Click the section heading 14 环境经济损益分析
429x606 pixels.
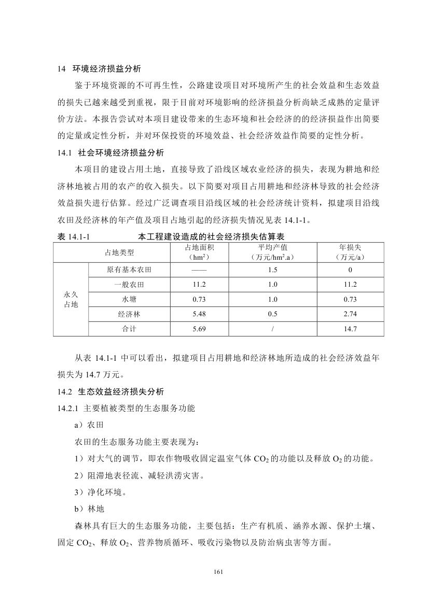point(99,68)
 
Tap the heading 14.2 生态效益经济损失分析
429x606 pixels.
point(110,391)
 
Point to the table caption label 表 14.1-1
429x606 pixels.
point(75,236)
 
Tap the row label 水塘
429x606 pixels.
point(130,299)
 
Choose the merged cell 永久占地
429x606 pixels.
point(71,300)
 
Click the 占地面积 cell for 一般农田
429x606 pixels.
point(199,285)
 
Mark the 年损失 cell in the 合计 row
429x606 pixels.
point(350,329)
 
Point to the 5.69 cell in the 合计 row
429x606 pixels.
point(199,329)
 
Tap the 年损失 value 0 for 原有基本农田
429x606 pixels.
point(350,270)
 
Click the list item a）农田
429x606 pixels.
point(89,425)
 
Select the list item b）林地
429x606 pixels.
point(89,509)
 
